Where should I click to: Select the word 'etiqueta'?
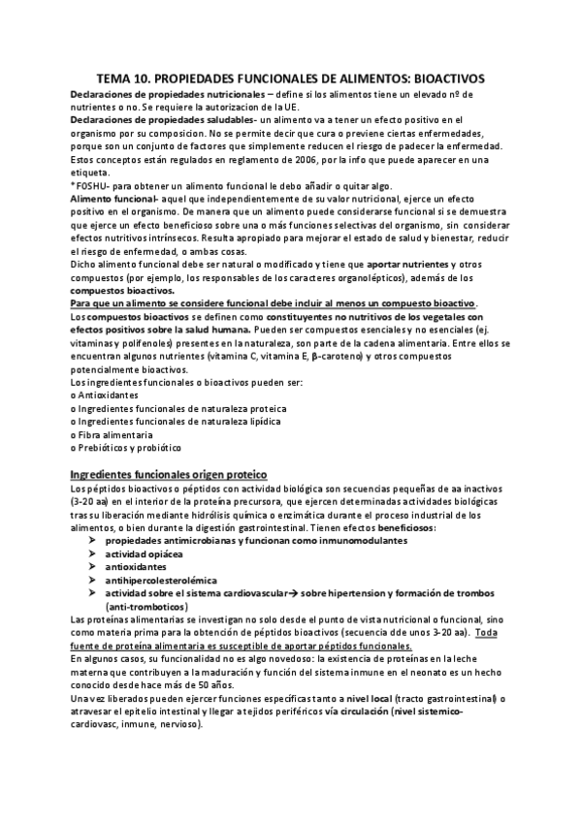click(x=92, y=172)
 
